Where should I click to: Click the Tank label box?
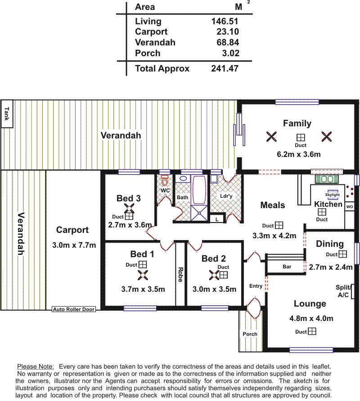(x=7, y=114)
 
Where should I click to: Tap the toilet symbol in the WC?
(x=164, y=181)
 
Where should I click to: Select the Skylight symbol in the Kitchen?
(x=333, y=195)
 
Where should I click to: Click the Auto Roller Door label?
(x=74, y=309)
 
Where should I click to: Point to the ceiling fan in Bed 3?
(x=129, y=209)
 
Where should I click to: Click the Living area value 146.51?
(x=225, y=21)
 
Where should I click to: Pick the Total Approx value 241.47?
(x=225, y=68)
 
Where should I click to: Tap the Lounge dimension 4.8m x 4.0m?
(x=311, y=318)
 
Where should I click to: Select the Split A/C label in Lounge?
(x=343, y=291)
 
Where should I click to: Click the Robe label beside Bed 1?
(x=180, y=275)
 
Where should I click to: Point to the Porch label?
(x=250, y=334)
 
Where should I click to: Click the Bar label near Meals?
(x=287, y=267)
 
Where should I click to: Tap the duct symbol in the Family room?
(x=301, y=138)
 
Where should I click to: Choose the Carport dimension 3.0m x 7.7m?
(x=74, y=245)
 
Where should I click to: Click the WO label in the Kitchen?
(x=350, y=207)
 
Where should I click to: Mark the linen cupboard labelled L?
(x=217, y=219)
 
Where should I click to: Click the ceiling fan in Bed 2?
(x=214, y=275)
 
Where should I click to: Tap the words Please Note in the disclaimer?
(x=36, y=366)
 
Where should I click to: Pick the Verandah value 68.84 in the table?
(x=228, y=42)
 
